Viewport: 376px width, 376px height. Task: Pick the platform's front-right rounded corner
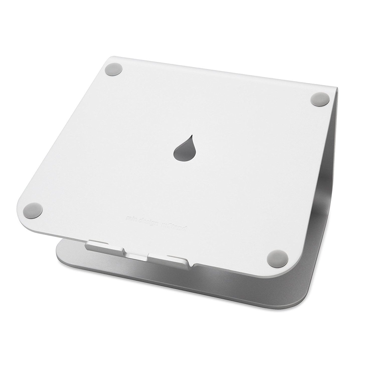click(278, 271)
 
